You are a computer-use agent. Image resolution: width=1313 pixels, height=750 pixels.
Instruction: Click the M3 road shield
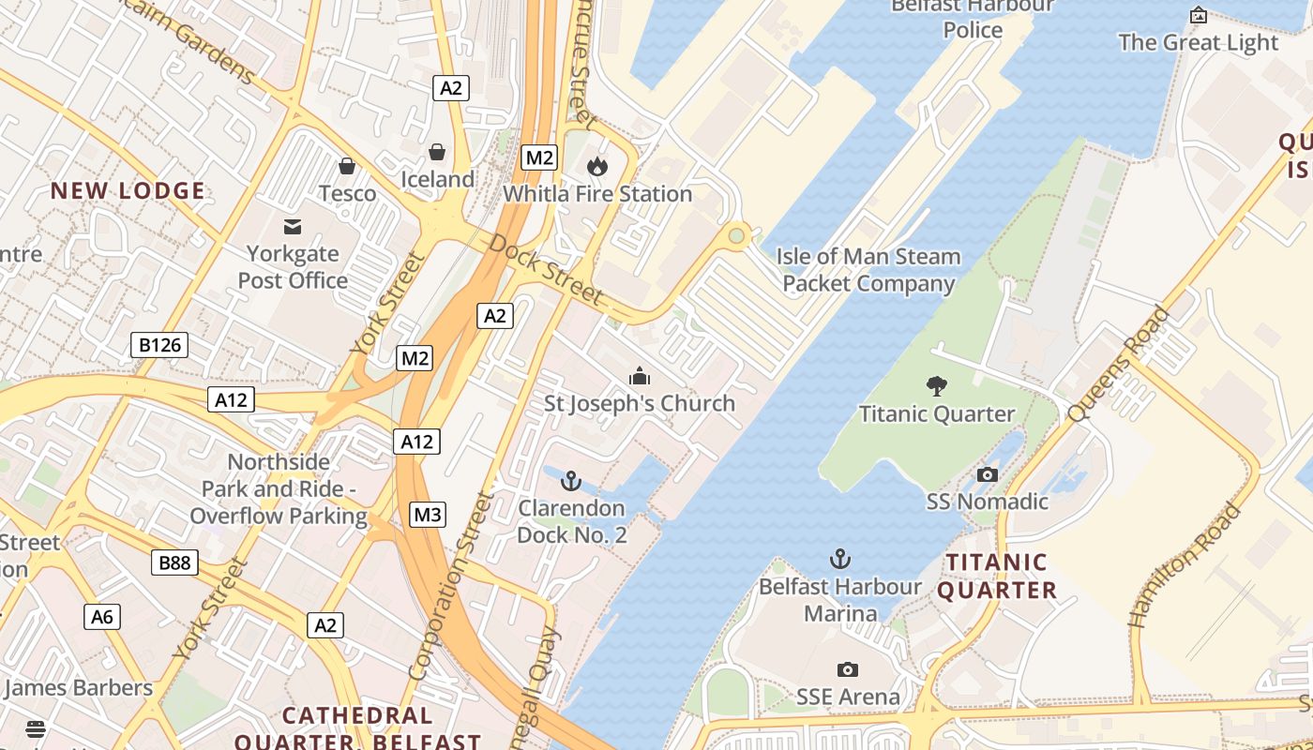pos(428,515)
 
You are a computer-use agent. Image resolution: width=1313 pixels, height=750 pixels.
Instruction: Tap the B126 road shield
pos(159,345)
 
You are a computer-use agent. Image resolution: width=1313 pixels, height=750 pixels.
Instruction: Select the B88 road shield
pos(174,562)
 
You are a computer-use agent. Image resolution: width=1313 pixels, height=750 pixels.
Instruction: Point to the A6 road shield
pos(102,616)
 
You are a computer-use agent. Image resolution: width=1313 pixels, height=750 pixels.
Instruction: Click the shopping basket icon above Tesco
pos(347,166)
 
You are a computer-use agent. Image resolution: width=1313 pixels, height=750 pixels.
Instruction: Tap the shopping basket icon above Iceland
pos(437,151)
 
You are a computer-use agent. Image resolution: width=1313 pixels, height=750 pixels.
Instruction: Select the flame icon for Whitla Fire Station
pos(596,167)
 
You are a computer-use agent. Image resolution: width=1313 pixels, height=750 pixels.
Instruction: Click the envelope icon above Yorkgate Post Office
pos(293,226)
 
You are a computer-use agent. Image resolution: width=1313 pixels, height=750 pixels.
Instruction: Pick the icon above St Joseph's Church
pos(640,376)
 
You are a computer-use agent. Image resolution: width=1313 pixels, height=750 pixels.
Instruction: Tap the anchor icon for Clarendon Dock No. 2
pos(570,481)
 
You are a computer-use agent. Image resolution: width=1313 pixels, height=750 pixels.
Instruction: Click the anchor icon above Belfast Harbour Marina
pos(840,560)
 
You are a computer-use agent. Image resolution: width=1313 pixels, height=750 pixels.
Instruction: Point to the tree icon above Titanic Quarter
pos(936,385)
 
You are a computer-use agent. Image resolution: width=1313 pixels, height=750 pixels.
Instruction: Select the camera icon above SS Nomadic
pos(987,474)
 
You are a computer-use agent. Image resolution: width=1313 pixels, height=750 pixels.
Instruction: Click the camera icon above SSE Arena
pos(848,669)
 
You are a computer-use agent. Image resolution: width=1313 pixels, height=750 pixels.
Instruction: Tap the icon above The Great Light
pos(1198,15)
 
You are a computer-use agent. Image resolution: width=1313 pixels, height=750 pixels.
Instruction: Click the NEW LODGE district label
pos(128,191)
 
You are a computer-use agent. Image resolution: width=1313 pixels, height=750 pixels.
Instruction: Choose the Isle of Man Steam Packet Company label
pos(868,270)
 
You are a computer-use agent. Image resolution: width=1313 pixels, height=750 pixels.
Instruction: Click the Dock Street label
pos(545,269)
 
